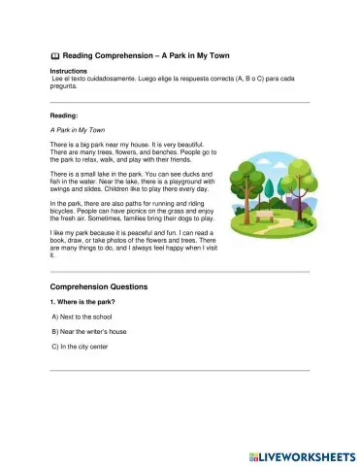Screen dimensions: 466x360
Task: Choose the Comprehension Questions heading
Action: pos(98,287)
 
